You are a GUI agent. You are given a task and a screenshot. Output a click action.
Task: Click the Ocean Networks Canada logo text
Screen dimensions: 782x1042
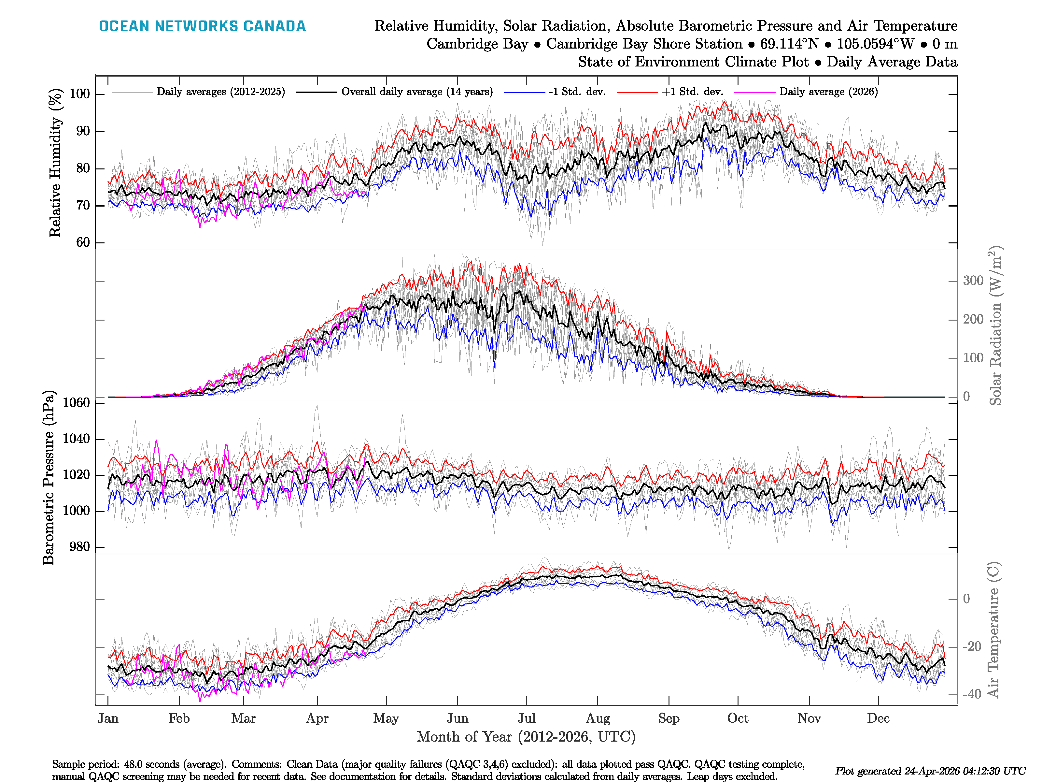pos(202,26)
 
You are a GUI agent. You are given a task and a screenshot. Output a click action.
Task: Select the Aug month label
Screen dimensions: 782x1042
pos(598,718)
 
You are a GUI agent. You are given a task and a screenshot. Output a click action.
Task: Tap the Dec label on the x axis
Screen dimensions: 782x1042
pos(878,718)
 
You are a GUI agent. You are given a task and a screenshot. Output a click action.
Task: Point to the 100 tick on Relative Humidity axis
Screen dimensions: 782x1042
pos(79,94)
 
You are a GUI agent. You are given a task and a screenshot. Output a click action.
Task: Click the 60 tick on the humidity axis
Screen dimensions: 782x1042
pos(83,242)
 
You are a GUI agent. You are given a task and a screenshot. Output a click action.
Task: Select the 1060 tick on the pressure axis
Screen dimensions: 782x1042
pos(76,402)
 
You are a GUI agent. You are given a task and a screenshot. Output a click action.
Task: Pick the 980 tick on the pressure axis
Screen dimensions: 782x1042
pos(79,547)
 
